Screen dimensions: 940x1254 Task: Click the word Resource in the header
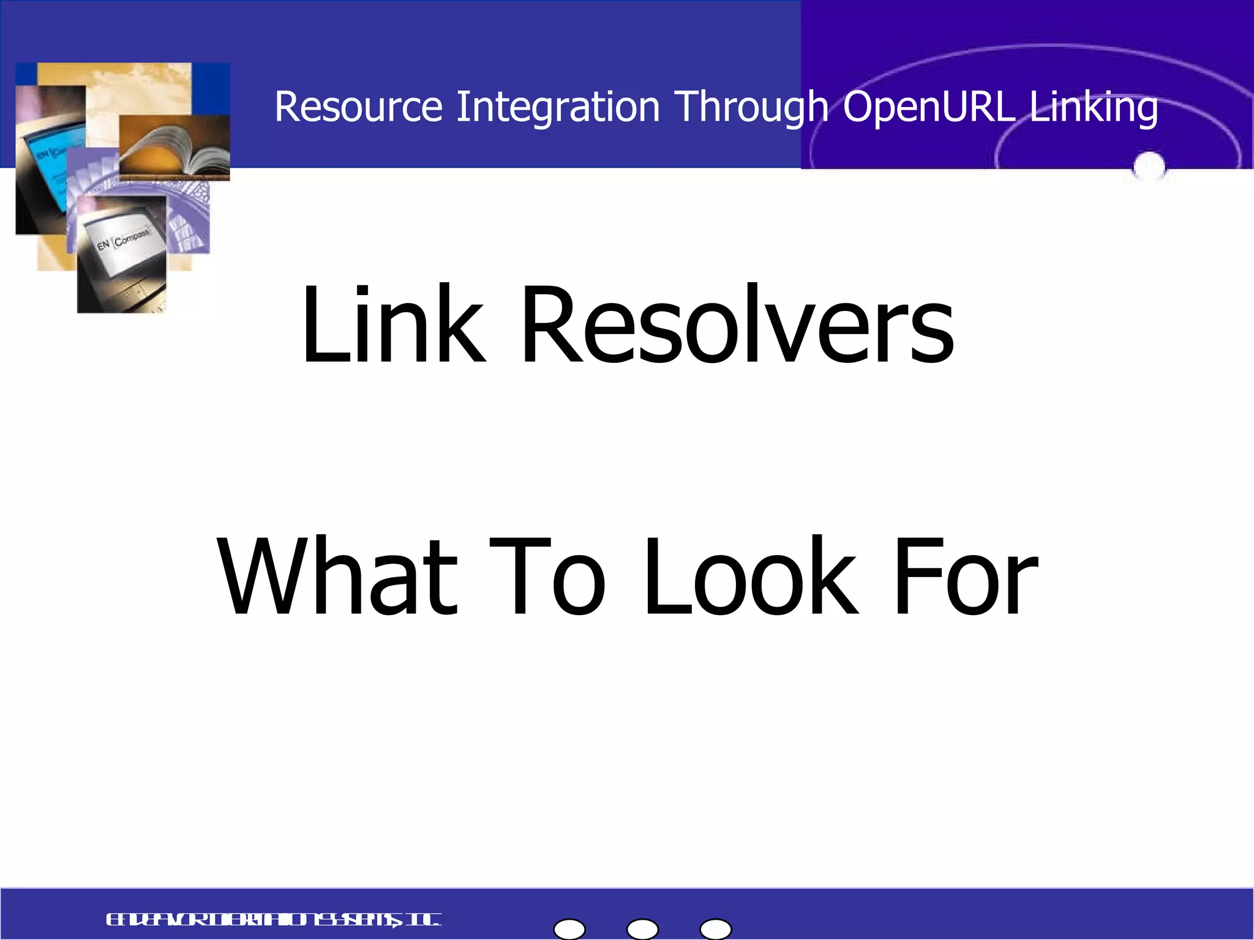tap(358, 107)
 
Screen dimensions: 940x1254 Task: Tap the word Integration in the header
tap(558, 107)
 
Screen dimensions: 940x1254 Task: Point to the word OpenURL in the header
tap(929, 107)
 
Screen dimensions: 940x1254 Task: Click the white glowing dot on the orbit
tap(1149, 165)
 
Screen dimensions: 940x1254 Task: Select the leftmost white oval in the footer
tap(569, 929)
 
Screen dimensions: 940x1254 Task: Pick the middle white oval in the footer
tap(642, 929)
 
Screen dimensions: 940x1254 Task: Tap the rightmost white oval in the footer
tap(715, 929)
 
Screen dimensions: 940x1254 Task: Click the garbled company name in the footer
tap(273, 920)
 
